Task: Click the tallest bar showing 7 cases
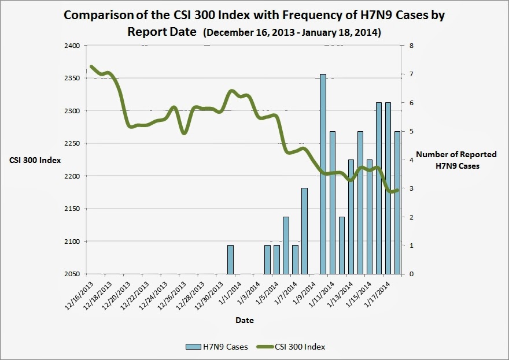323,173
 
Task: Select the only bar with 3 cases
304,231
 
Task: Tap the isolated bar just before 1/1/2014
230,259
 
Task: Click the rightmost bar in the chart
397,202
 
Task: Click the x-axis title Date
244,320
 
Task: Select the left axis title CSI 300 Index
35,160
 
